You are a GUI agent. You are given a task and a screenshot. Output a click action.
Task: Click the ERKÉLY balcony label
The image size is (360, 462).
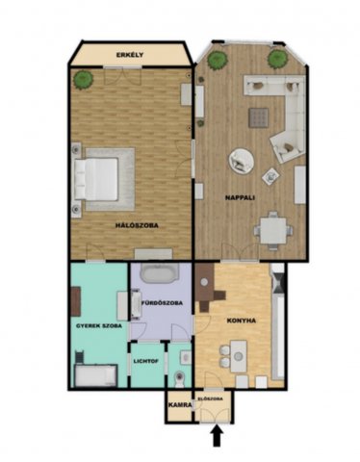130,55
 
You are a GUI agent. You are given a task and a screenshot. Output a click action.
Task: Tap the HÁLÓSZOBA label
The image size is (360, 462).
137,225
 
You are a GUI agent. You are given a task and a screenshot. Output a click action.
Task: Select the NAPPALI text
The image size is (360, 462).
240,197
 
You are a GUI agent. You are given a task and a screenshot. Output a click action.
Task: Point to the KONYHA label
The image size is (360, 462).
242,321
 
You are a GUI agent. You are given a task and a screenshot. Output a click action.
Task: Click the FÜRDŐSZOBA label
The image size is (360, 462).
162,303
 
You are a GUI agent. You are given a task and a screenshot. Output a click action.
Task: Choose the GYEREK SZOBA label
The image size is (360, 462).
99,326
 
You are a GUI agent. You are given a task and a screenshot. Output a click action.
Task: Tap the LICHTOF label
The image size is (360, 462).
146,361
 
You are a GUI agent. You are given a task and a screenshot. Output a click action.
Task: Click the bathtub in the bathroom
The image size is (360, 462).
159,273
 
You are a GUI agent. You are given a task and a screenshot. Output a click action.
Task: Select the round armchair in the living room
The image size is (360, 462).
242,161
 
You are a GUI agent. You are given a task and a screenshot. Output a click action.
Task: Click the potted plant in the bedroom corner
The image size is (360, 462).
83,79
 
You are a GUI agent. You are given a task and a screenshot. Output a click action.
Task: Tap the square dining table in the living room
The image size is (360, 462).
272,230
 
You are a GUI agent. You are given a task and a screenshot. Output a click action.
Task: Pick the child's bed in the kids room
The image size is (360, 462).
95,375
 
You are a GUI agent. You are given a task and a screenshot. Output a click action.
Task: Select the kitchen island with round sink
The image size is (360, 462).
239,356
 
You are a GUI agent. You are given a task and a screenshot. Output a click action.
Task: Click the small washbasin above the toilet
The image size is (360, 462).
186,357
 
